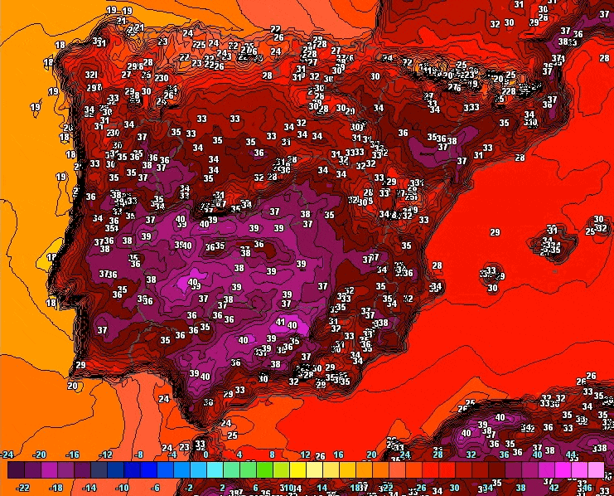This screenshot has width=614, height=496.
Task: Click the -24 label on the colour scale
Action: (x=7, y=455)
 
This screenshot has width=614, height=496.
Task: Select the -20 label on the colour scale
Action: (x=39, y=455)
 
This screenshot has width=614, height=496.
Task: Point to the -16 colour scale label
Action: (x=72, y=455)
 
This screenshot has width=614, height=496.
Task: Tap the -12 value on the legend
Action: (x=105, y=455)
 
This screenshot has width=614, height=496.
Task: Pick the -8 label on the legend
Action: (x=138, y=455)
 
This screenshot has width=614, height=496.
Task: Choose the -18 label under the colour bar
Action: (x=56, y=489)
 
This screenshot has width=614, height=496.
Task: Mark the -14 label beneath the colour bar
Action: (x=89, y=489)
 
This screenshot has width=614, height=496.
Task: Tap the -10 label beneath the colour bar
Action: (x=123, y=489)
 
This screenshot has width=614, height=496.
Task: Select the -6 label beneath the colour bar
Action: (x=156, y=489)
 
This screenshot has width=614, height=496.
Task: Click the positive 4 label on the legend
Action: (x=239, y=455)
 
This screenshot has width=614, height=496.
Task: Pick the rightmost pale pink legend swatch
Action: (x=595, y=470)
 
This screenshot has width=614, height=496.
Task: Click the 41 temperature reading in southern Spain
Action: (x=281, y=322)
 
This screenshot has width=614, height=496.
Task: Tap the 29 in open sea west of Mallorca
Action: (x=495, y=232)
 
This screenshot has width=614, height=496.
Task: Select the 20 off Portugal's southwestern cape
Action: (x=73, y=385)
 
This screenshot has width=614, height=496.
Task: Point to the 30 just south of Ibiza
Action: (x=492, y=288)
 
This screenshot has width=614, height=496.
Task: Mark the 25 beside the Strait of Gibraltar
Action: (x=233, y=435)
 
